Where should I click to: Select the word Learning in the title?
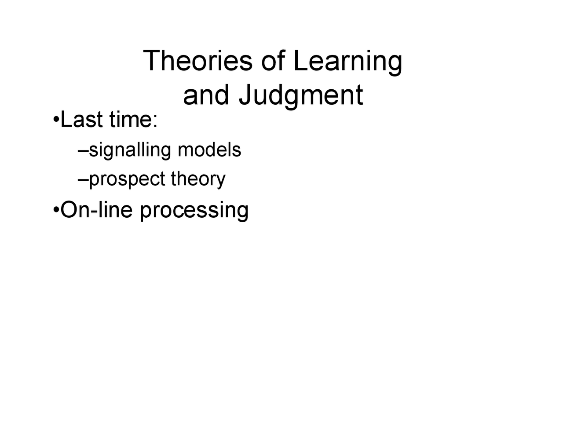pyautogui.click(x=347, y=62)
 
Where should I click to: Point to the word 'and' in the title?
pyautogui.click(x=206, y=95)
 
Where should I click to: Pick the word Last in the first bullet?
pyautogui.click(x=82, y=120)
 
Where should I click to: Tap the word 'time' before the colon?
pyautogui.click(x=130, y=120)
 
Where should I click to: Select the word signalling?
pyautogui.click(x=130, y=150)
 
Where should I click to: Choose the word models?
pyautogui.click(x=209, y=150)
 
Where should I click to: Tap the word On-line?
pyautogui.click(x=96, y=210)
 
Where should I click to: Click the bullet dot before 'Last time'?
pyautogui.click(x=55, y=121)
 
